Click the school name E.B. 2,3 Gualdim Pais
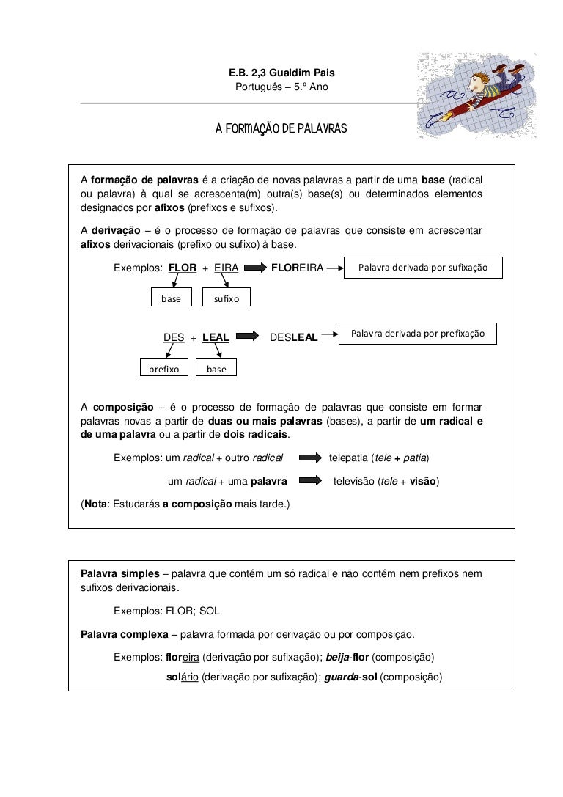coord(281,74)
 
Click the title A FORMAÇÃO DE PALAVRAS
coord(281,130)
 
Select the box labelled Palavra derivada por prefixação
coord(418,334)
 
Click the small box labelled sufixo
coord(227,298)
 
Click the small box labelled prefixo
coord(164,368)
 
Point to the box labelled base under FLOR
coord(171,298)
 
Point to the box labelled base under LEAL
coord(216,368)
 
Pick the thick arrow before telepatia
coord(310,458)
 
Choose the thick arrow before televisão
coord(310,482)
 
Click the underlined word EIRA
coord(227,268)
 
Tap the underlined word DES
coord(174,337)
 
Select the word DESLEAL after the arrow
coord(294,337)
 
